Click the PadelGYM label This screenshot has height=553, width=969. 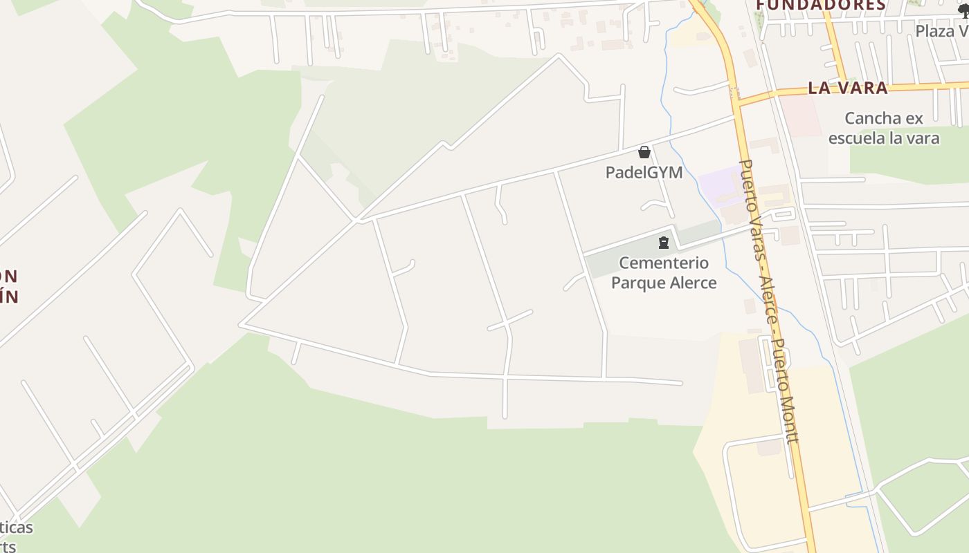point(644,172)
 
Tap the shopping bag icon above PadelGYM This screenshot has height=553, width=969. point(644,152)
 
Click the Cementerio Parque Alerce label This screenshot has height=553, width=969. point(664,272)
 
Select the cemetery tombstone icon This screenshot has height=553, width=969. point(664,243)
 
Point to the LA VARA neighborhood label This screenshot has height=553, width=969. point(847,88)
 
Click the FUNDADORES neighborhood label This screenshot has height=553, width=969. point(820,6)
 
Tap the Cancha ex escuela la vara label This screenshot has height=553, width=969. point(884,128)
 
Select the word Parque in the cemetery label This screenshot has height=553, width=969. point(640,283)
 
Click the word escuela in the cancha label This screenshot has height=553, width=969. point(857,138)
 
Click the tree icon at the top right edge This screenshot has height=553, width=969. point(963,10)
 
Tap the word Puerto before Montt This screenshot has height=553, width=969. point(780,364)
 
